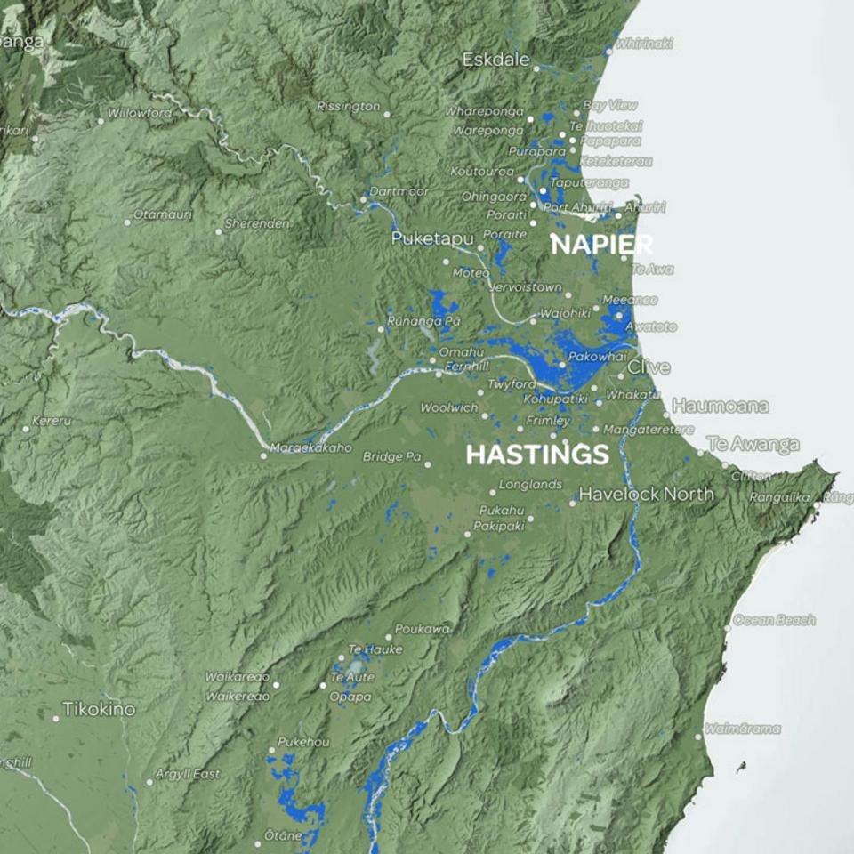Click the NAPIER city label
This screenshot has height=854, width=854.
click(601, 245)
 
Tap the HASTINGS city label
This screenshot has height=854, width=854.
click(537, 455)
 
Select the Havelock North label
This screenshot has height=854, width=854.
click(647, 494)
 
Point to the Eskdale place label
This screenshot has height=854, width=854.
click(495, 60)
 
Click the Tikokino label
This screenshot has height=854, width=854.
click(99, 710)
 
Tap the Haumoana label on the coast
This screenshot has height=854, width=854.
click(721, 406)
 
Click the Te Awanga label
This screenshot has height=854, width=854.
click(753, 443)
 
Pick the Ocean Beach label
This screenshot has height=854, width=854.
click(774, 620)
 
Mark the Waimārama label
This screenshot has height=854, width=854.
click(743, 729)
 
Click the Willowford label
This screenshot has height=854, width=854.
click(140, 114)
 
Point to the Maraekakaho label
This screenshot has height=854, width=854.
click(310, 447)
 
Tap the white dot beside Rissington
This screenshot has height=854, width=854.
click(387, 113)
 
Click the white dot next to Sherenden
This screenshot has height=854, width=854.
click(219, 231)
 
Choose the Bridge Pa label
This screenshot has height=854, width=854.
click(391, 456)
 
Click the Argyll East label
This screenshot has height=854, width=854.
click(188, 774)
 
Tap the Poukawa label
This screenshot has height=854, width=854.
click(422, 628)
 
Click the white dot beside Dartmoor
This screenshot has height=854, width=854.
click(363, 199)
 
